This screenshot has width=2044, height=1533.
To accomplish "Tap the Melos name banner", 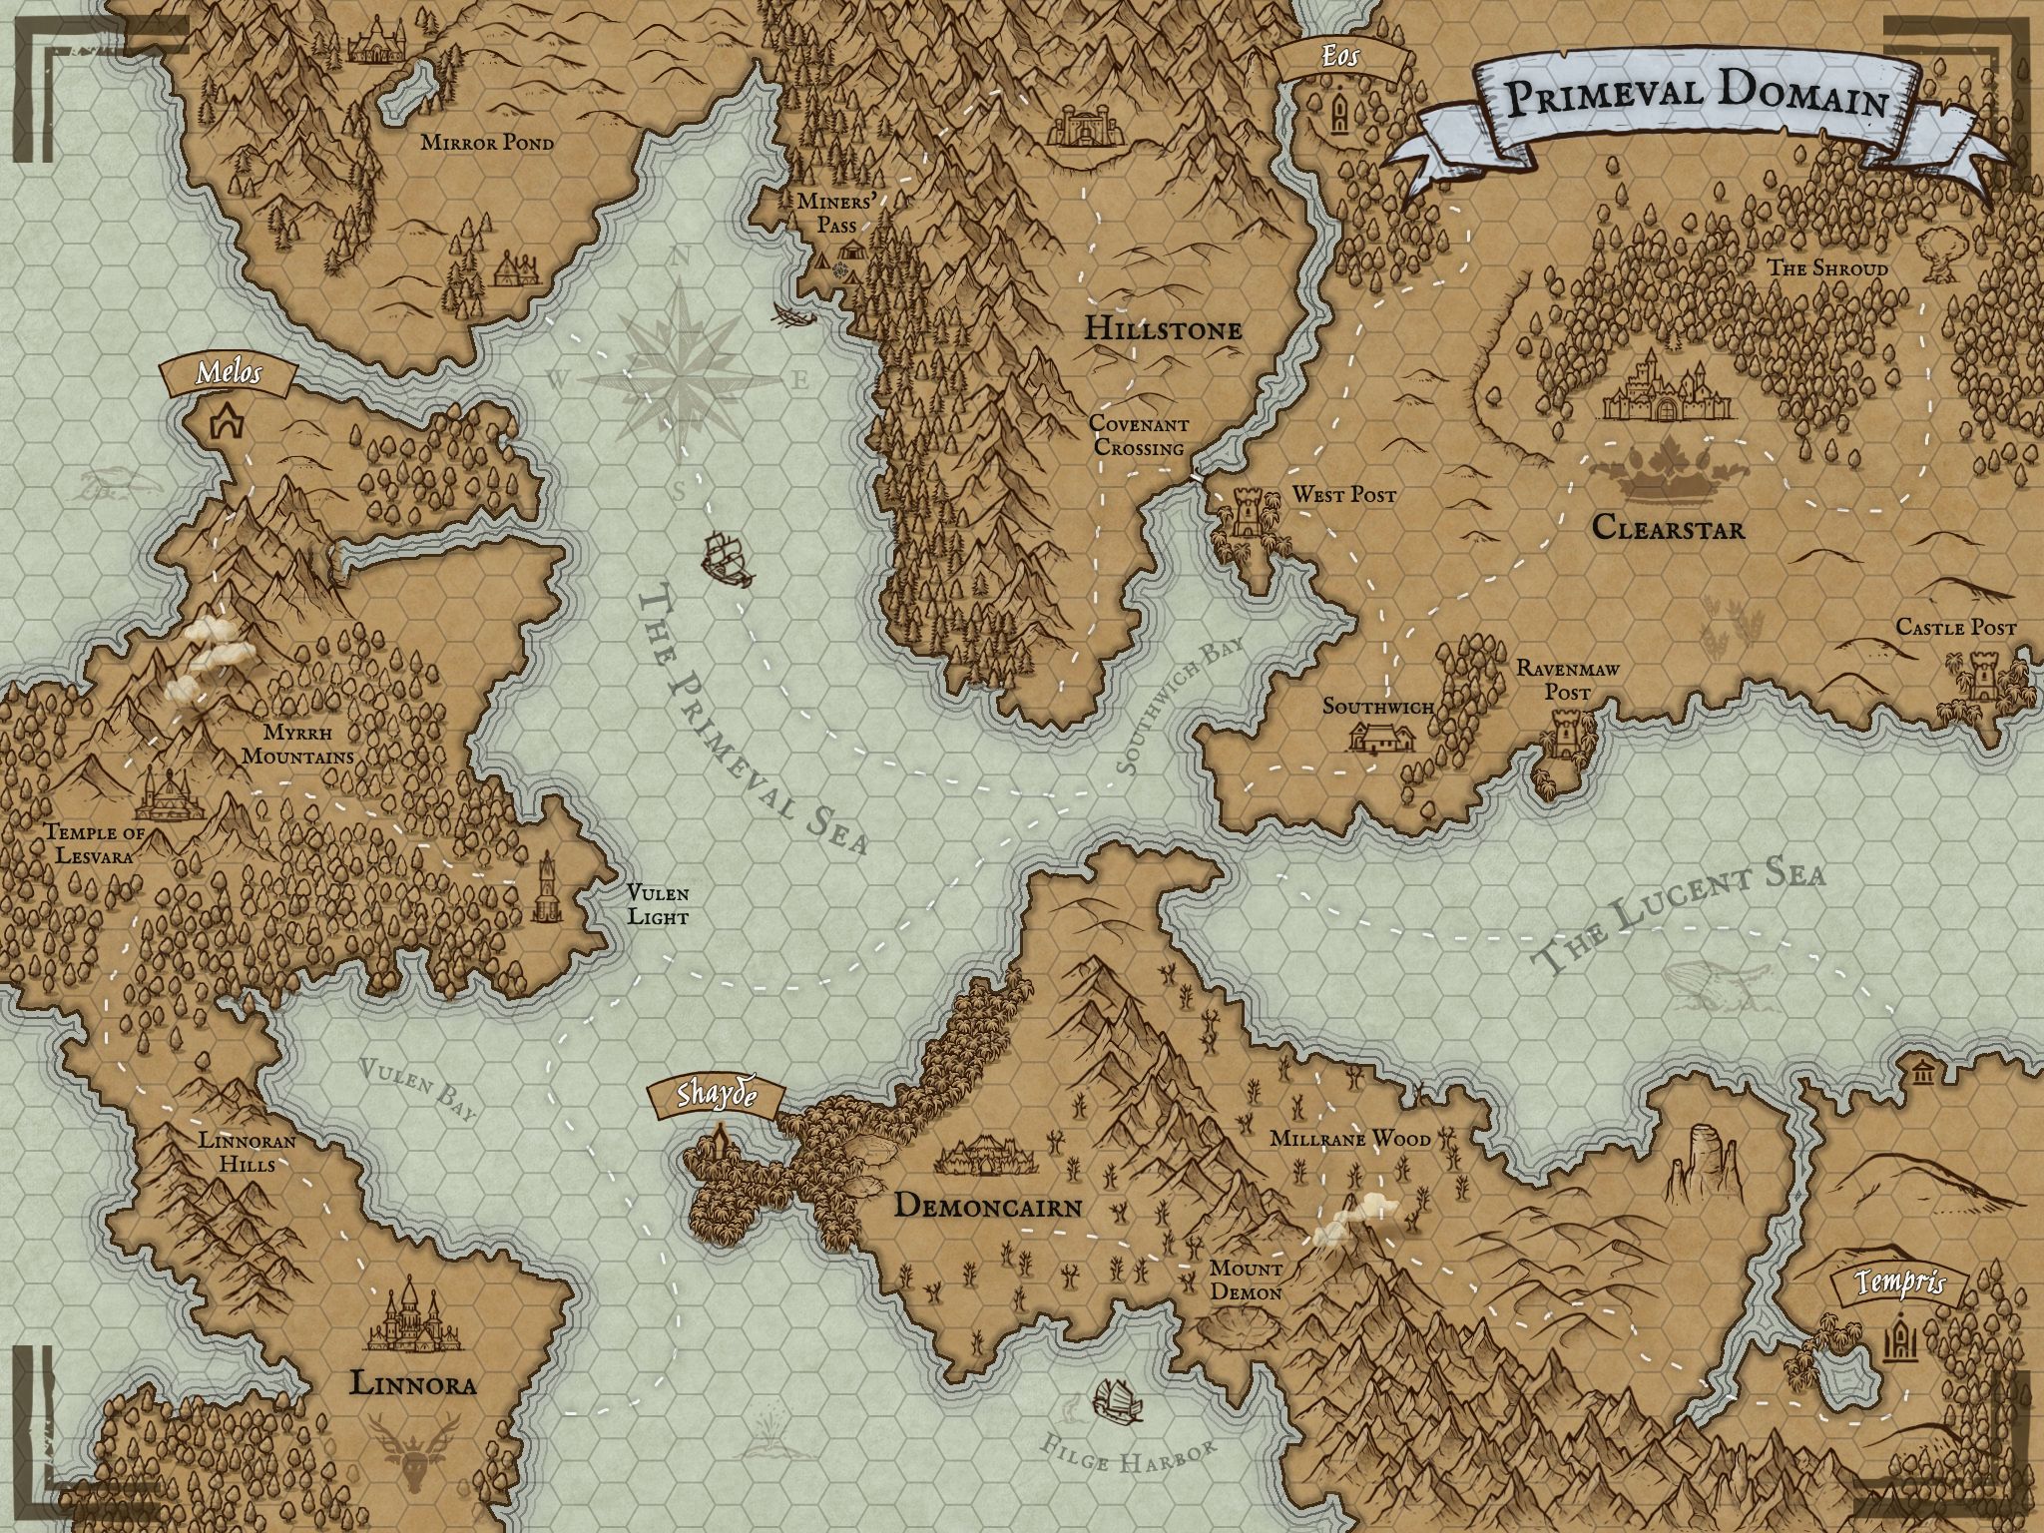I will [230, 373].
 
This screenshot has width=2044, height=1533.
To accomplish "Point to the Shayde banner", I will [712, 1095].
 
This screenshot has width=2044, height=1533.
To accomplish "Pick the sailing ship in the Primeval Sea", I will [727, 557].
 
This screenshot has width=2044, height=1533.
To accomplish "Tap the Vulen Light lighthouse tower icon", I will [546, 889].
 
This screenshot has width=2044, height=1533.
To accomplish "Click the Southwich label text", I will [1377, 707].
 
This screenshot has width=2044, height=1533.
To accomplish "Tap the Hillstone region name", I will [1163, 328].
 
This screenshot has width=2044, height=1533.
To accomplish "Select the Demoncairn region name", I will [987, 1206].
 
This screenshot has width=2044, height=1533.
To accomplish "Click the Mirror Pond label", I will [486, 143].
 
